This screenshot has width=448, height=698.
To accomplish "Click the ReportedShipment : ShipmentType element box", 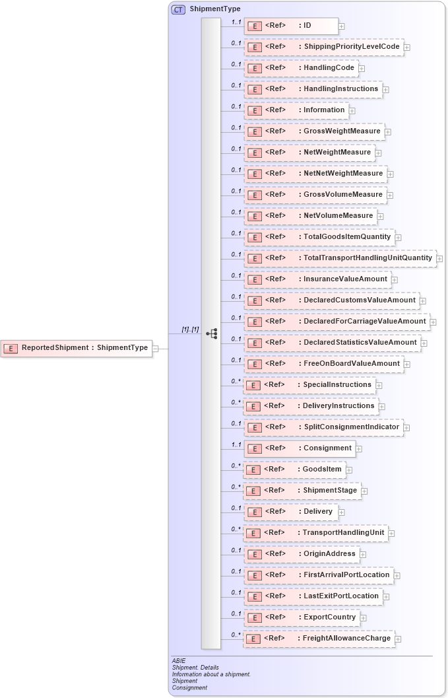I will [77, 348].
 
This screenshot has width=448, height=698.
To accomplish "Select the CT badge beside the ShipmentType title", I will [178, 9].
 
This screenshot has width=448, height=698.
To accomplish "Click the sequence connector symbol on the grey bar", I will [211, 334].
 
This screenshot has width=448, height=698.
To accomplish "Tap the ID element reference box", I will [290, 26].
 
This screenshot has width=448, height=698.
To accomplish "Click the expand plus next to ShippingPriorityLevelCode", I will [407, 48].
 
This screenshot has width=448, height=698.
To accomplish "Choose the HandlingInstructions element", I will [313, 89].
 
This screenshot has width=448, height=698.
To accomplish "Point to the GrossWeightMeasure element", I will [314, 131].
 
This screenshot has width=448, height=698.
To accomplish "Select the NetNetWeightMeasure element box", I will [315, 174].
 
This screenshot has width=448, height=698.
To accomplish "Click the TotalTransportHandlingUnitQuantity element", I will [340, 258].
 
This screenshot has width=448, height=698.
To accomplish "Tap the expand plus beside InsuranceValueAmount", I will [394, 280].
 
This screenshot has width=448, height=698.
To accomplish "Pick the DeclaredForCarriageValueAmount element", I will [336, 322].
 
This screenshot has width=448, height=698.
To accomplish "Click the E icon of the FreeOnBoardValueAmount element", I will [255, 364].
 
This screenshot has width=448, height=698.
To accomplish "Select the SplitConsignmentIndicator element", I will [323, 427].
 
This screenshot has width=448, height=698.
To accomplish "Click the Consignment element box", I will [300, 448].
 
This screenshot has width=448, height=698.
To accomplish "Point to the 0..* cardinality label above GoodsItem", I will [236, 466].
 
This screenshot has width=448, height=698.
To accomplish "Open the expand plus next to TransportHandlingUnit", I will [391, 533].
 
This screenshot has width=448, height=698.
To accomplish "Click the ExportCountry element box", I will [302, 617].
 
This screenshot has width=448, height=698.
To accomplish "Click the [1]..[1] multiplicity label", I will [190, 330].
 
